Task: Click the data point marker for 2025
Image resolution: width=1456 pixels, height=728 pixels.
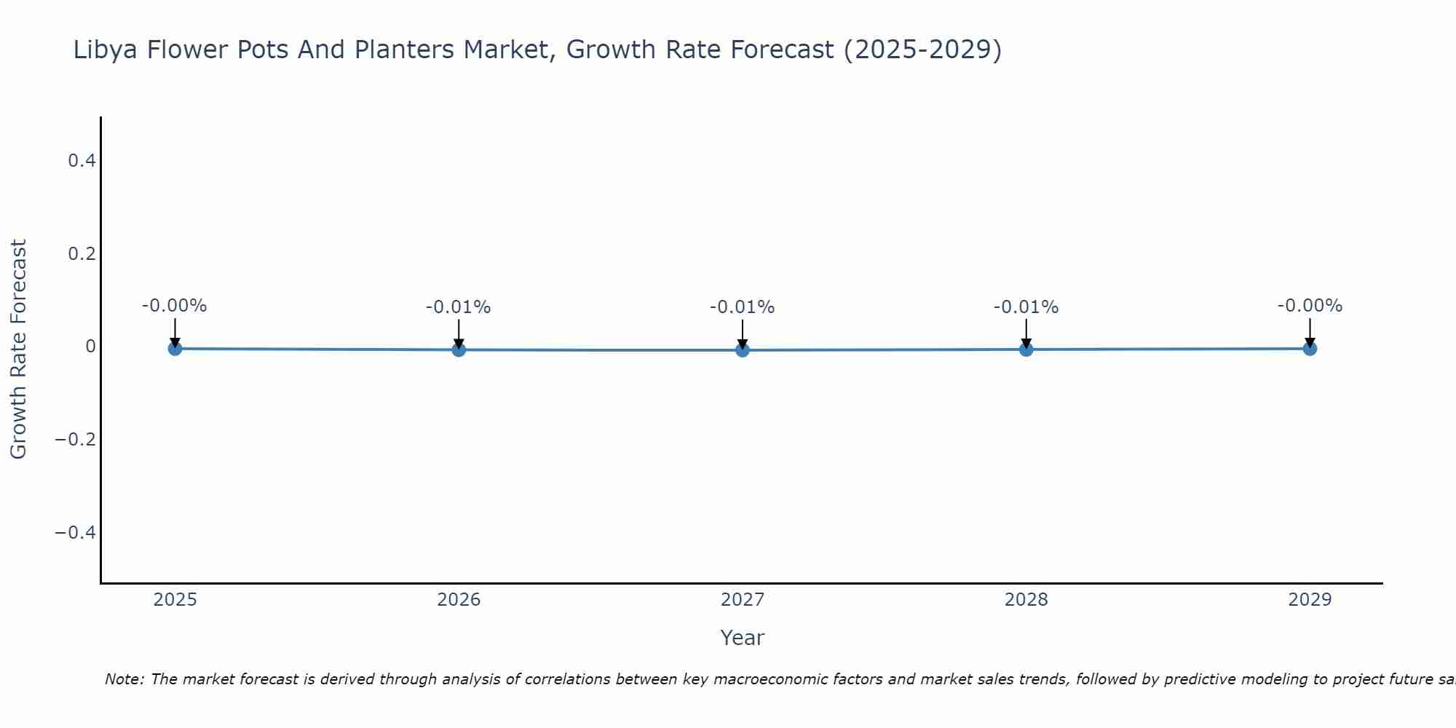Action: coord(175,349)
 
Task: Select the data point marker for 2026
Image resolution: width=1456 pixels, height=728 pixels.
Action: coord(459,349)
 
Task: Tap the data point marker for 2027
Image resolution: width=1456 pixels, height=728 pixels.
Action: coord(743,350)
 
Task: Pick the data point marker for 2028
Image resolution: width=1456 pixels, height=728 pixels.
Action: coord(1026,349)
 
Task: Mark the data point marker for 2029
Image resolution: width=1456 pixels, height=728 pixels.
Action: coord(1310,349)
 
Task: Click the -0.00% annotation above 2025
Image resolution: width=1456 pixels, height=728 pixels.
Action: coord(175,306)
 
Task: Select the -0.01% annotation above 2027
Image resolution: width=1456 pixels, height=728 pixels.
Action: coord(743,307)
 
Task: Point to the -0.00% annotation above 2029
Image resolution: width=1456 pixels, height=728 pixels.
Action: coord(1310,306)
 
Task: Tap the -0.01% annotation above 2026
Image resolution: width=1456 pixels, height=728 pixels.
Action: coord(459,307)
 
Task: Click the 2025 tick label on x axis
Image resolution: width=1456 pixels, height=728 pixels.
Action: coord(175,600)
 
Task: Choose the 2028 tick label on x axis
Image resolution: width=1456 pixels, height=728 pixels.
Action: coord(1026,600)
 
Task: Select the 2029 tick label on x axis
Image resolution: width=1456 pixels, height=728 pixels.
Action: coord(1310,600)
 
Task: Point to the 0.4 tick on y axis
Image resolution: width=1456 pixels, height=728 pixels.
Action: coord(82,160)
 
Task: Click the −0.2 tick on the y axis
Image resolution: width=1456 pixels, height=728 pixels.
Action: coord(76,440)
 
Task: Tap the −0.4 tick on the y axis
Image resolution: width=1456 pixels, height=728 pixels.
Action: coord(76,533)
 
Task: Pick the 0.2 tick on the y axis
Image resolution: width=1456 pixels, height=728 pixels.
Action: coord(82,253)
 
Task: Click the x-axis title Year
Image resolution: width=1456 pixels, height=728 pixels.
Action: coord(742,638)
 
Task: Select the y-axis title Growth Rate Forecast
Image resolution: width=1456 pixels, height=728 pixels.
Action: coord(18,349)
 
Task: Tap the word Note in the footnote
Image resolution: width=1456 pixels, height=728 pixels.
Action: coord(124,679)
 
